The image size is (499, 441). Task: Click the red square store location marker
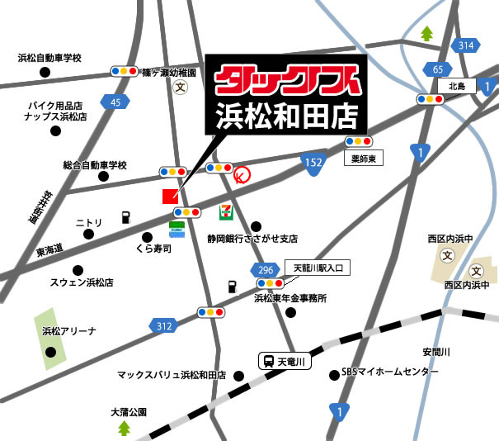[169, 197]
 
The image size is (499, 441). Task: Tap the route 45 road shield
[115, 102]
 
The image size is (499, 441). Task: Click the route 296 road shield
[265, 269]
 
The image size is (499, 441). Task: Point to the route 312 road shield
[162, 326]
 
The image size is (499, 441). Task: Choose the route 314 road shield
[467, 45]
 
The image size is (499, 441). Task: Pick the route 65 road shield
[438, 69]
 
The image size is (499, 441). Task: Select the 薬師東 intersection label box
[365, 155]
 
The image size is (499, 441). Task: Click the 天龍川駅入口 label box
[318, 268]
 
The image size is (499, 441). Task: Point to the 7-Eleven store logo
[224, 212]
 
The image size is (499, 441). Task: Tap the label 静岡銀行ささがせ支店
[252, 239]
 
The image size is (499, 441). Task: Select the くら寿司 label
[154, 248]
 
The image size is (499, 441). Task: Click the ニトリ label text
[88, 223]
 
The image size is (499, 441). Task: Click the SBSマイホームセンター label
[390, 373]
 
